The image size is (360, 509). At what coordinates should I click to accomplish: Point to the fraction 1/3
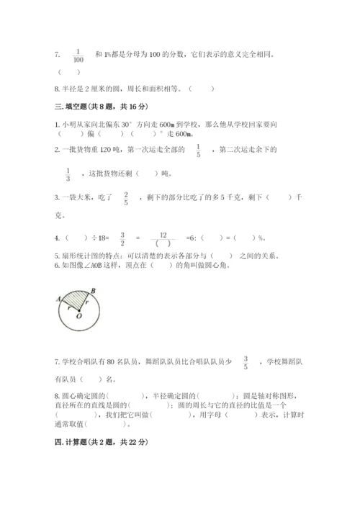(x=68, y=174)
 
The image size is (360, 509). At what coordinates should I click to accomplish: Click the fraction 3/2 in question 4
(x=122, y=239)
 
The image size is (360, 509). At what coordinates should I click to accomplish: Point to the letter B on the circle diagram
(x=93, y=289)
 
